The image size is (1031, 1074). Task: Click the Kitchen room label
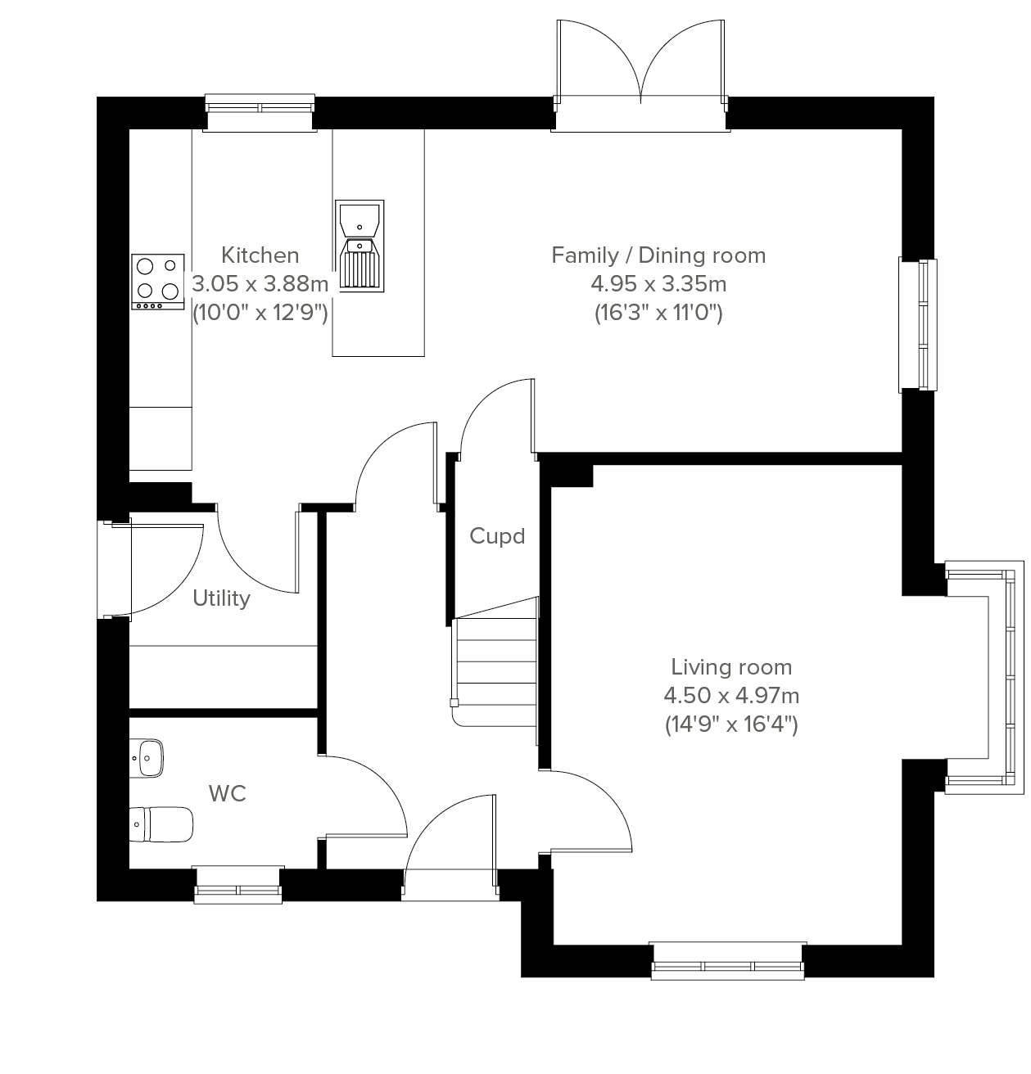click(x=260, y=255)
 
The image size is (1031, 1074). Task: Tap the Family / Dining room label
click(x=658, y=255)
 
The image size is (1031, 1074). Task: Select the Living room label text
click(x=731, y=667)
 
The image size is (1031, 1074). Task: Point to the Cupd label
click(x=497, y=536)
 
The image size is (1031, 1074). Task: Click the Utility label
click(x=221, y=598)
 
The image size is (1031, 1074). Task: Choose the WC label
click(x=228, y=794)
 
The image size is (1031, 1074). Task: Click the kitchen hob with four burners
click(x=158, y=282)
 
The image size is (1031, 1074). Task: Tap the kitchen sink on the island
click(x=359, y=246)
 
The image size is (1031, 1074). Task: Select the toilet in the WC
click(x=161, y=824)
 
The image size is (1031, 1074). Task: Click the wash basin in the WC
click(x=147, y=758)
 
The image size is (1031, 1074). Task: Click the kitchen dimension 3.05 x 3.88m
click(x=260, y=284)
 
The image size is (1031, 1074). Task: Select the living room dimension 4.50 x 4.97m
click(x=731, y=695)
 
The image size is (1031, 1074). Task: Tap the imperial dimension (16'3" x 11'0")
click(x=658, y=313)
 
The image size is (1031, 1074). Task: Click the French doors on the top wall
click(x=640, y=75)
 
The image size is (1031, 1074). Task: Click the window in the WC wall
click(x=238, y=885)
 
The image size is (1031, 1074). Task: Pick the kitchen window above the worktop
click(x=260, y=113)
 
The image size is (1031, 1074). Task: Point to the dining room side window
click(x=918, y=324)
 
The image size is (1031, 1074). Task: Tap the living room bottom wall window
click(x=728, y=961)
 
